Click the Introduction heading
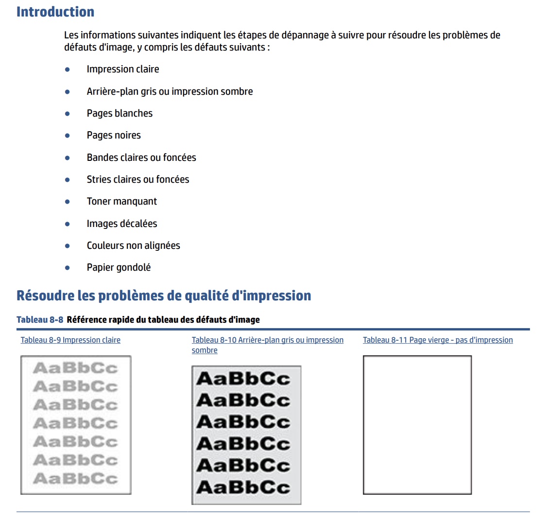[55, 12]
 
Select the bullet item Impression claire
[123, 69]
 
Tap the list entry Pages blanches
[120, 113]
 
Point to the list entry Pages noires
[114, 135]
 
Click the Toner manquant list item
[122, 201]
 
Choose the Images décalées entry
[122, 224]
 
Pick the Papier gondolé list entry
[119, 267]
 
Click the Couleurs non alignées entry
[134, 245]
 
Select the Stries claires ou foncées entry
[138, 179]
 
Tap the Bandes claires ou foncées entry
[141, 157]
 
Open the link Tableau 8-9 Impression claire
[70, 340]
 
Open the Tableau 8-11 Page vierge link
[438, 340]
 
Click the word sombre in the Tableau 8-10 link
[205, 350]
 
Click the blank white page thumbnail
[417, 425]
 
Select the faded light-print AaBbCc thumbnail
[76, 425]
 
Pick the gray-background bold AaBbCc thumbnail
[246, 434]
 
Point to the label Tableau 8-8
[40, 320]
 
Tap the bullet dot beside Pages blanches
[68, 114]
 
